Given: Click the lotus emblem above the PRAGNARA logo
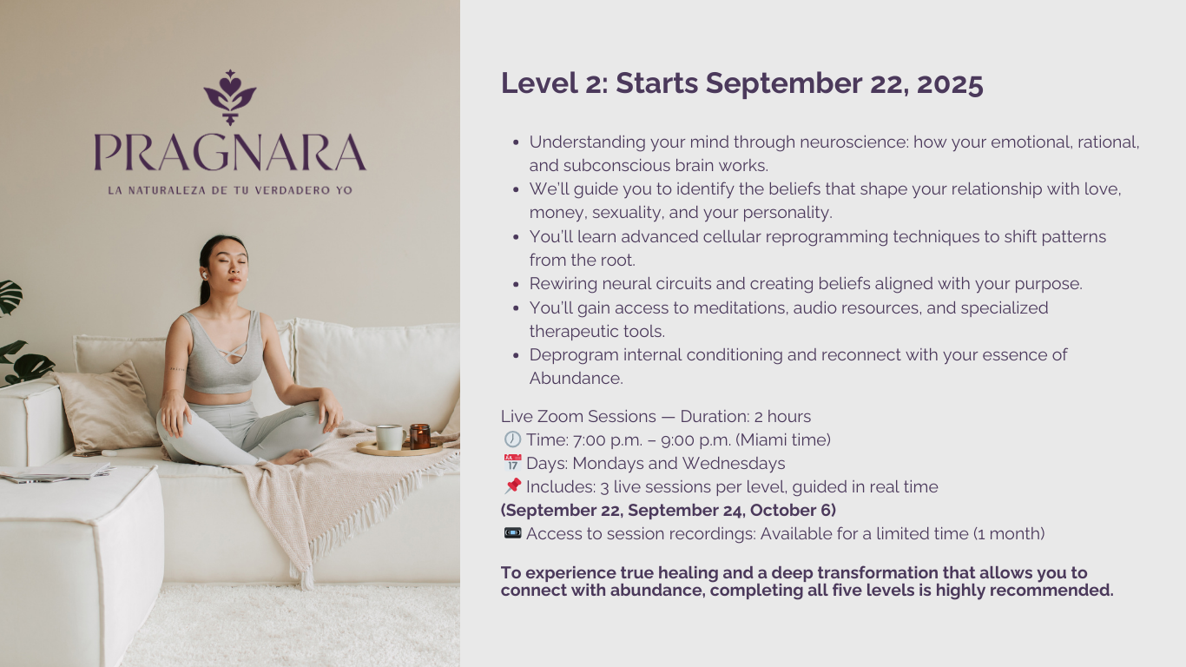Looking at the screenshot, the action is tap(230, 97).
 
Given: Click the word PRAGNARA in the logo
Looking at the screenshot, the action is tap(230, 152).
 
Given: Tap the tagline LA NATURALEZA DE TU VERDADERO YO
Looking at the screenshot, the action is tap(230, 190).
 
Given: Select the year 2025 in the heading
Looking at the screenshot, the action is tap(950, 83).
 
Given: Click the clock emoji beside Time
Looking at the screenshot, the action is tap(512, 439).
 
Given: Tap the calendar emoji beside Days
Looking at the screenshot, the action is tap(512, 463).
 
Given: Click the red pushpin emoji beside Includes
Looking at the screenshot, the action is tap(512, 485).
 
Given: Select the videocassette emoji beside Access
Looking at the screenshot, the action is tap(512, 532).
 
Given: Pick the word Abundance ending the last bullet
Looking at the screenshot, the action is tap(576, 379).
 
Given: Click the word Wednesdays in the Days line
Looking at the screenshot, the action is tap(734, 463).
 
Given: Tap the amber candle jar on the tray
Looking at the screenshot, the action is tap(420, 436).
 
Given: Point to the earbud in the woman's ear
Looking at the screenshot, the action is tap(204, 274).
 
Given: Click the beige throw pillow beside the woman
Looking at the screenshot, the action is tap(106, 406).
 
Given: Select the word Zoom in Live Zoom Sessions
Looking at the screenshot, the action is tap(560, 416).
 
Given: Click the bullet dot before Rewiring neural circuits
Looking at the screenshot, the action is tap(517, 285).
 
